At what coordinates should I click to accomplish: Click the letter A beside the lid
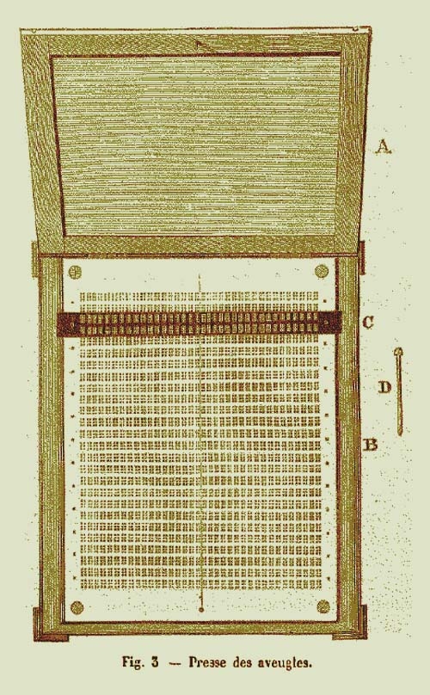tap(384, 147)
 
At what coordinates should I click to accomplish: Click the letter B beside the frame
tap(371, 444)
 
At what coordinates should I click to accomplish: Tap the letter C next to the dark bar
tap(368, 323)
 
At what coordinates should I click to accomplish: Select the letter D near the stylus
tap(384, 388)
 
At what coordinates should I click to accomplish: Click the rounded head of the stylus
tap(398, 353)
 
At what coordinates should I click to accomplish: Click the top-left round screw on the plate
tap(76, 271)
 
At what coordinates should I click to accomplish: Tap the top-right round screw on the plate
tap(321, 270)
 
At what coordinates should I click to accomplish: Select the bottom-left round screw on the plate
tap(77, 606)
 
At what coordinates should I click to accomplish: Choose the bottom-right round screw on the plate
tap(323, 606)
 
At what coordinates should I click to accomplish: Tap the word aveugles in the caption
tap(288, 663)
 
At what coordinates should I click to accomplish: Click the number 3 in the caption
tap(155, 662)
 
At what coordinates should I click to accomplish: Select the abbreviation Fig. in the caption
tap(133, 663)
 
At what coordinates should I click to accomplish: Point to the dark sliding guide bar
tap(199, 323)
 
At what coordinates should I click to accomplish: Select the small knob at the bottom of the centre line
tap(201, 610)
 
